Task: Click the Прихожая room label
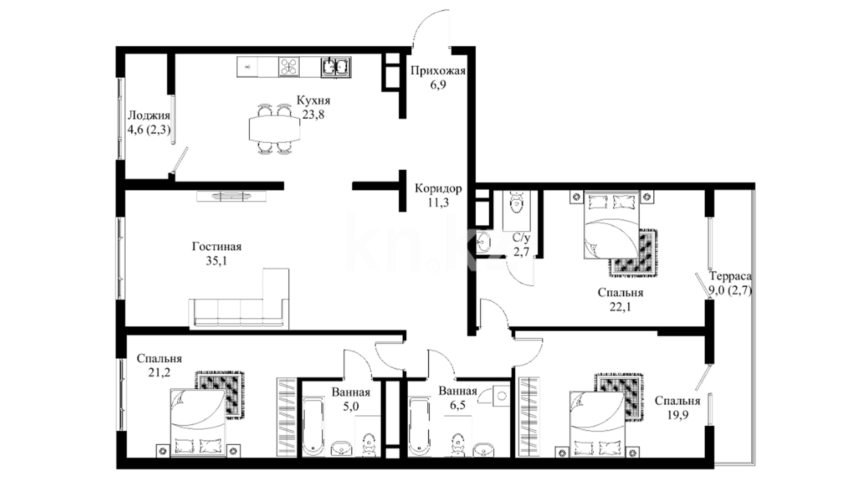pos(438,71)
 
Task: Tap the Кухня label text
pos(313,100)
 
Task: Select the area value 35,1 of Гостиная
pos(216,261)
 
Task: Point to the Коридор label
pos(438,189)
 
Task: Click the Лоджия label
pos(149,116)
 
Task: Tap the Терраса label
pos(730,276)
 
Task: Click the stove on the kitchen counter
pos(288,67)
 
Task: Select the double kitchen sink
pos(336,67)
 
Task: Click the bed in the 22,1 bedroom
pos(612,225)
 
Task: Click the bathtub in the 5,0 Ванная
pos(313,426)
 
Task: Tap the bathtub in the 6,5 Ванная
pos(421,426)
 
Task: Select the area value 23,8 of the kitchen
pos(313,115)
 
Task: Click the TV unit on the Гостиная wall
pos(231,196)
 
